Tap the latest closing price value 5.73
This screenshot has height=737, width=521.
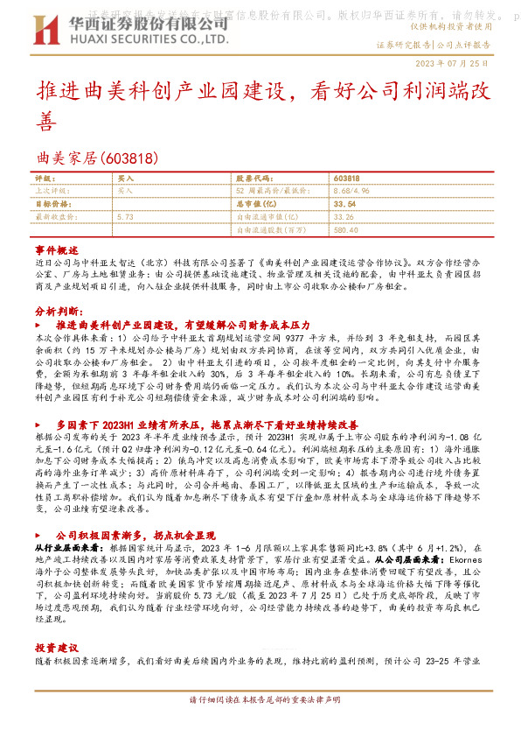(x=124, y=215)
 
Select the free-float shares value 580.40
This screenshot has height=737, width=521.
(x=346, y=229)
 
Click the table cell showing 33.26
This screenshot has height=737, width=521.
(x=344, y=215)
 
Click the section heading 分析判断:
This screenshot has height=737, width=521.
(x=59, y=311)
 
